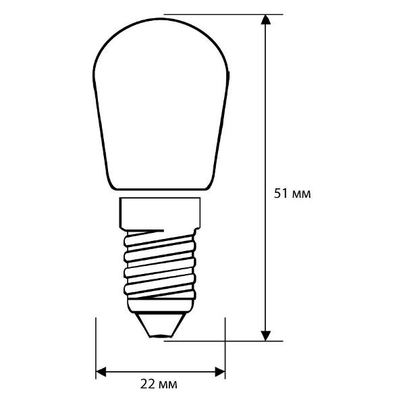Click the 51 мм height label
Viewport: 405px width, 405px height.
pyautogui.click(x=292, y=194)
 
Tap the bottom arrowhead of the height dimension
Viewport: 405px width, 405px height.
pyautogui.click(x=267, y=335)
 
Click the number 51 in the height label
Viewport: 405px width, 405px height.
pyautogui.click(x=280, y=194)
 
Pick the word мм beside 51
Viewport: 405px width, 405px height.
pyautogui.click(x=301, y=194)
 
